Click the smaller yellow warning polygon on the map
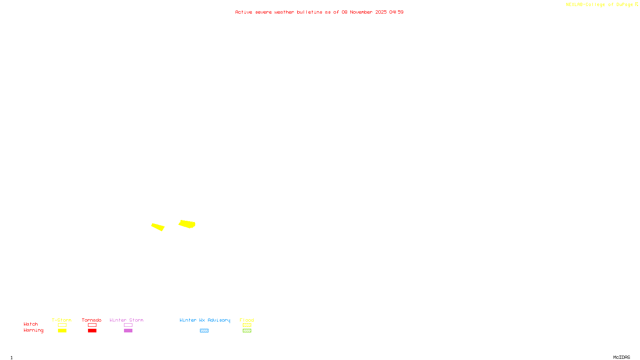point(158,227)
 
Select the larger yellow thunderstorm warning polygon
point(187,224)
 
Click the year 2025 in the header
point(381,12)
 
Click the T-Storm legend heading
point(62,320)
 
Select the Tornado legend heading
point(92,320)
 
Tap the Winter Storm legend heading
point(126,320)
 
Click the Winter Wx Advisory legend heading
point(205,320)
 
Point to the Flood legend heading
point(247,320)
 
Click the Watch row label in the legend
point(31,324)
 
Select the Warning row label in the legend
point(33,330)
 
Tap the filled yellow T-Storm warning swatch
point(62,331)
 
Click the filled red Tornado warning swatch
point(92,331)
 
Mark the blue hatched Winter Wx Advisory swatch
point(204,331)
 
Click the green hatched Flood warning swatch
point(247,331)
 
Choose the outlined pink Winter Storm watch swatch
point(128,325)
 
